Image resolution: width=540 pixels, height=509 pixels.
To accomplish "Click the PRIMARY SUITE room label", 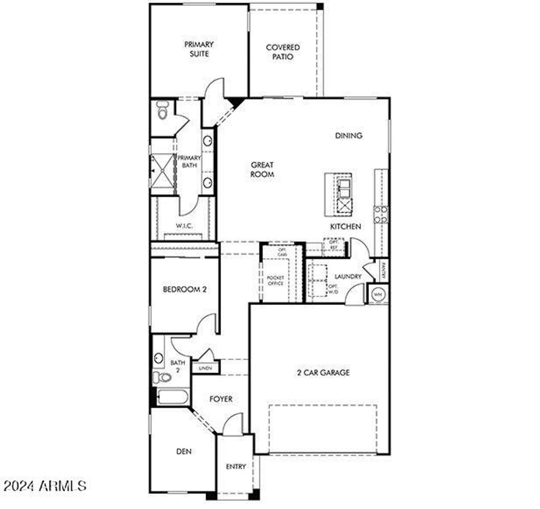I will pos(199,49).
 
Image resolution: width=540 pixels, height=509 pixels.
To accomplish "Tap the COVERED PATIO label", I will pos(283,52).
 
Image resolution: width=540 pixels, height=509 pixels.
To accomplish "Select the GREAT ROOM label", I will pos(262,170).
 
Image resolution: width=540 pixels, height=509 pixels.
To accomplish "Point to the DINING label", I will pos(348,136).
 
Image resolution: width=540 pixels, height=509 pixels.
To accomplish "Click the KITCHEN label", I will pos(345,226).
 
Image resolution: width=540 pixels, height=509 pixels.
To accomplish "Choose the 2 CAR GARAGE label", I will pos(323,373).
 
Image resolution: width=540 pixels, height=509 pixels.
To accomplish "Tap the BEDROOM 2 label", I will pos(184,290).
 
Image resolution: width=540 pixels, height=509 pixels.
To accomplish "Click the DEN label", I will pos(184,452).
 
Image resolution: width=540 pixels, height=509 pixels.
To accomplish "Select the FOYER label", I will pos(221,399).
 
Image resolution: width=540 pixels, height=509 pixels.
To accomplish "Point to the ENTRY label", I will pos(235,466).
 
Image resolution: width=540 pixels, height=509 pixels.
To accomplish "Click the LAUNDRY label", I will pos(348,277).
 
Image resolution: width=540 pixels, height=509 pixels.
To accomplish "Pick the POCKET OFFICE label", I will pos(275,280).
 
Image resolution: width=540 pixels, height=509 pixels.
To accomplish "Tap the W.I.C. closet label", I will pos(184,226).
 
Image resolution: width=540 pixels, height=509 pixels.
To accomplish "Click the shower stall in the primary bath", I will pos(162,170).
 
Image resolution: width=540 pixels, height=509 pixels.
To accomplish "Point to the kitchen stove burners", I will pos(381,214).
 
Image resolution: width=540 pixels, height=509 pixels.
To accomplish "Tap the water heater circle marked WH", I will pos(378,294).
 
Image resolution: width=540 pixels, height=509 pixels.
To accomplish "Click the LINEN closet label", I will pos(205,368).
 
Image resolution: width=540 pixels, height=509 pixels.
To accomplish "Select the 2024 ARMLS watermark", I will pos(44,486).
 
